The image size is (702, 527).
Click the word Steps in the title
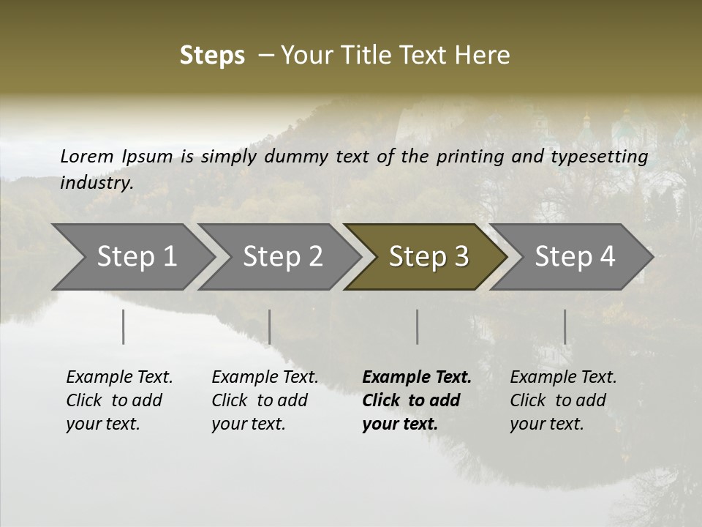[x=212, y=55]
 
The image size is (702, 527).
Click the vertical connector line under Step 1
[x=124, y=326]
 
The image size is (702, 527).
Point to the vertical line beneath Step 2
[x=270, y=326]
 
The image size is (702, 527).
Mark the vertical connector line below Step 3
[x=418, y=326]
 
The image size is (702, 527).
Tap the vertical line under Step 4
[x=565, y=326]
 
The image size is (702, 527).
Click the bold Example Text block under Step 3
[x=417, y=400]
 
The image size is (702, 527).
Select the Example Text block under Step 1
[x=119, y=400]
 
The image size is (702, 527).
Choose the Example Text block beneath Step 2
[x=265, y=400]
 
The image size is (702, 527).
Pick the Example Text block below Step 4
[x=563, y=400]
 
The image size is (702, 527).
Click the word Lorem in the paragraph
[x=87, y=157]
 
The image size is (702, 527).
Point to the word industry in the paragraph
[x=96, y=183]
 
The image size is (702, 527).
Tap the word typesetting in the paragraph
[x=598, y=157]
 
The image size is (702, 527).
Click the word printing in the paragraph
[x=468, y=157]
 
